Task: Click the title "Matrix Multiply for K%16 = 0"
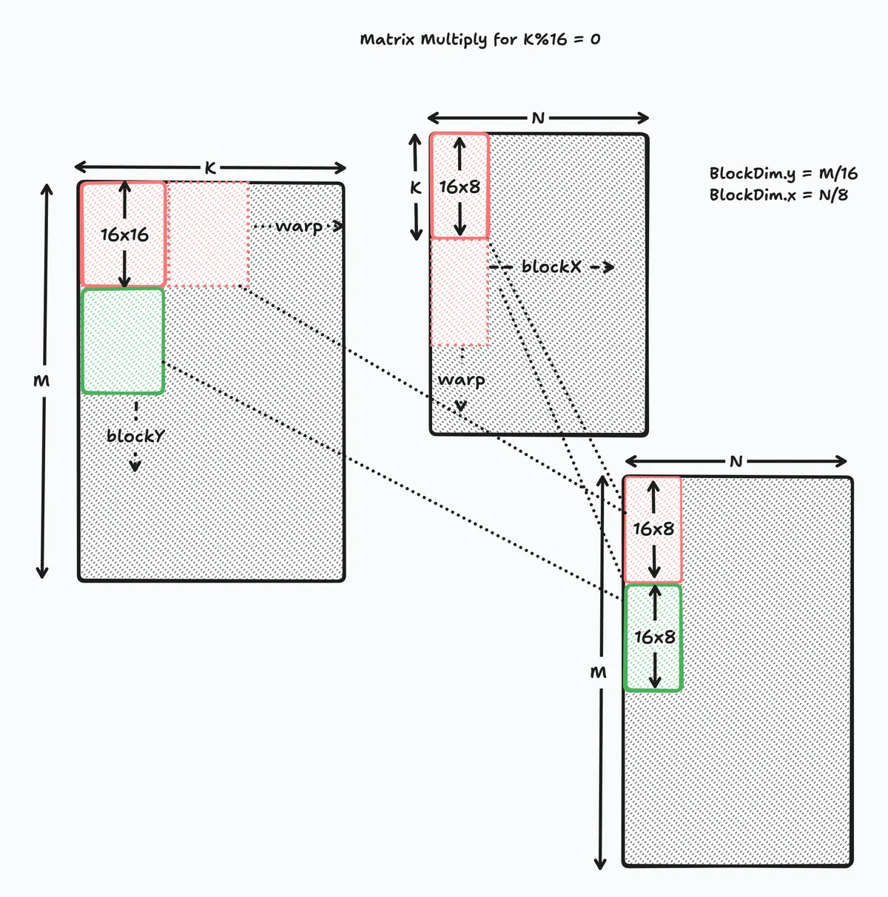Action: click(x=480, y=39)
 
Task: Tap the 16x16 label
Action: click(x=124, y=235)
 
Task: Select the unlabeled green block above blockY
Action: click(x=122, y=340)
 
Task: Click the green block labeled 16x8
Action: click(x=653, y=637)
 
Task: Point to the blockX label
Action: click(x=551, y=267)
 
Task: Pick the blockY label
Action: click(x=135, y=436)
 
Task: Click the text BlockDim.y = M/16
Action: click(x=783, y=174)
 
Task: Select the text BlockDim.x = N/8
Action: click(x=778, y=195)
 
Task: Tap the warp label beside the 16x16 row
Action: click(x=298, y=226)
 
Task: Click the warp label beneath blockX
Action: click(x=461, y=380)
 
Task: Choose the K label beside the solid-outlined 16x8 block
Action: click(x=416, y=188)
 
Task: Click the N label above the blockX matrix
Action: click(x=538, y=118)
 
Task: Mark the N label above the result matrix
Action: click(x=736, y=462)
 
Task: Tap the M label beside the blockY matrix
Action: click(x=42, y=380)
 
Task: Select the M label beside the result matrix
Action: click(x=599, y=673)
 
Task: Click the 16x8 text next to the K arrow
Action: click(x=460, y=187)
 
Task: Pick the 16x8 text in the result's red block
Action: click(x=653, y=529)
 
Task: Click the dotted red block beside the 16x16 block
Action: click(x=207, y=234)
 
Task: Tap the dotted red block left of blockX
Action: click(x=459, y=292)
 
